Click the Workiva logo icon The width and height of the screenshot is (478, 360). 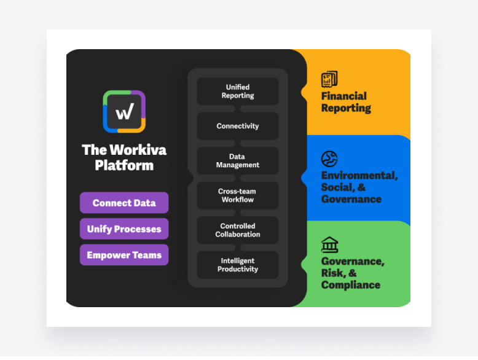(124, 111)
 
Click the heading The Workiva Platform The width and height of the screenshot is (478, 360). (124, 157)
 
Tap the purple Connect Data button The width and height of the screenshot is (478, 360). (124, 203)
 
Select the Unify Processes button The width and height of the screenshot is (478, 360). (124, 229)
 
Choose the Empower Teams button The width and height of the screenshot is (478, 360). (124, 255)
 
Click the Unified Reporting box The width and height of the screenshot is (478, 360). (238, 92)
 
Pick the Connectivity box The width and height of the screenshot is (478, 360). (238, 126)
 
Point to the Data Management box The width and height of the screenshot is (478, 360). (238, 161)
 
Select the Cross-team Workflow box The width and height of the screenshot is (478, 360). (238, 195)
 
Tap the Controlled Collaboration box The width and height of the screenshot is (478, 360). (238, 230)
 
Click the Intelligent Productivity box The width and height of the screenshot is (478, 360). (238, 265)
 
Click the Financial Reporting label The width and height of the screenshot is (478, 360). (346, 102)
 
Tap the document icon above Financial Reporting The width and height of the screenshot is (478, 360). (329, 79)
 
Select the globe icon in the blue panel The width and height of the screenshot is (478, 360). (329, 159)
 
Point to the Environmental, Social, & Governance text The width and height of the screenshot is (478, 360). (359, 187)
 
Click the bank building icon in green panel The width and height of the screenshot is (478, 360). (329, 245)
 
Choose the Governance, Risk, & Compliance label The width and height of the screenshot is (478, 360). (352, 273)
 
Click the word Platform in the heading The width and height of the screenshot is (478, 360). (124, 165)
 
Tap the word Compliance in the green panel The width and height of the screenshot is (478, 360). (350, 285)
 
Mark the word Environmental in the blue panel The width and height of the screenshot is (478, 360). (359, 175)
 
